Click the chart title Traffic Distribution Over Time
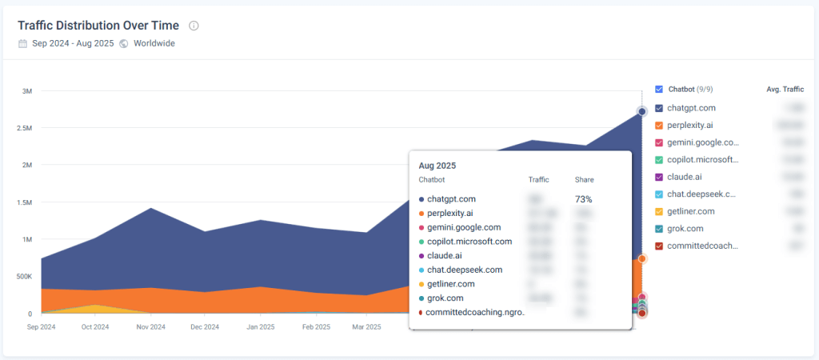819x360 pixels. point(99,25)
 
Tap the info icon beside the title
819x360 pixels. point(194,26)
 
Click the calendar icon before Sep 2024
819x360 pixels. point(22,43)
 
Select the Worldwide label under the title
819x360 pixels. point(154,43)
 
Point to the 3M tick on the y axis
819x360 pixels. point(26,91)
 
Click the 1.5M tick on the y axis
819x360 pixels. point(24,202)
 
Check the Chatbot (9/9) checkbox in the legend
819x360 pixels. point(659,90)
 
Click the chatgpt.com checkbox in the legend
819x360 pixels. point(659,108)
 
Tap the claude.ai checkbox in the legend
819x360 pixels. point(659,177)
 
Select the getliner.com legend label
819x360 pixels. point(692,211)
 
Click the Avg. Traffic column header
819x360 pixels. point(785,90)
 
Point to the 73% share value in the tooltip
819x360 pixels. point(583,198)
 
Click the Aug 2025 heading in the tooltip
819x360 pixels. point(437,165)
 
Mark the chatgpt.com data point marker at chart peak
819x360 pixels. point(641,111)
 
